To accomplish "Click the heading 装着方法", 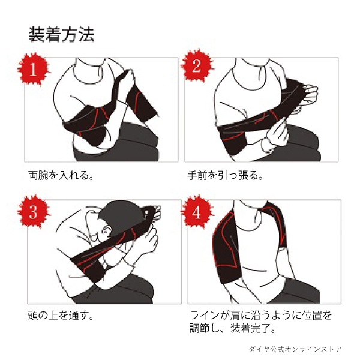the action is [61, 35].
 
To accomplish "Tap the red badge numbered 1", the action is [34, 69].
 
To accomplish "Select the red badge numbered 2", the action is [197, 66].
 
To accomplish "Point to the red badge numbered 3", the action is [34, 212].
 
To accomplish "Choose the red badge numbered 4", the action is [197, 212].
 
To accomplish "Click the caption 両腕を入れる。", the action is [61, 176].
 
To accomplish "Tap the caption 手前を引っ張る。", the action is [225, 176].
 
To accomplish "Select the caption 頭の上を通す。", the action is [61, 315].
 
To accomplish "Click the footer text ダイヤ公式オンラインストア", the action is [295, 349].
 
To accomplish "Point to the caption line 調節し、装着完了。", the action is [232, 329].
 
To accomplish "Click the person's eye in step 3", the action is [106, 230].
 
